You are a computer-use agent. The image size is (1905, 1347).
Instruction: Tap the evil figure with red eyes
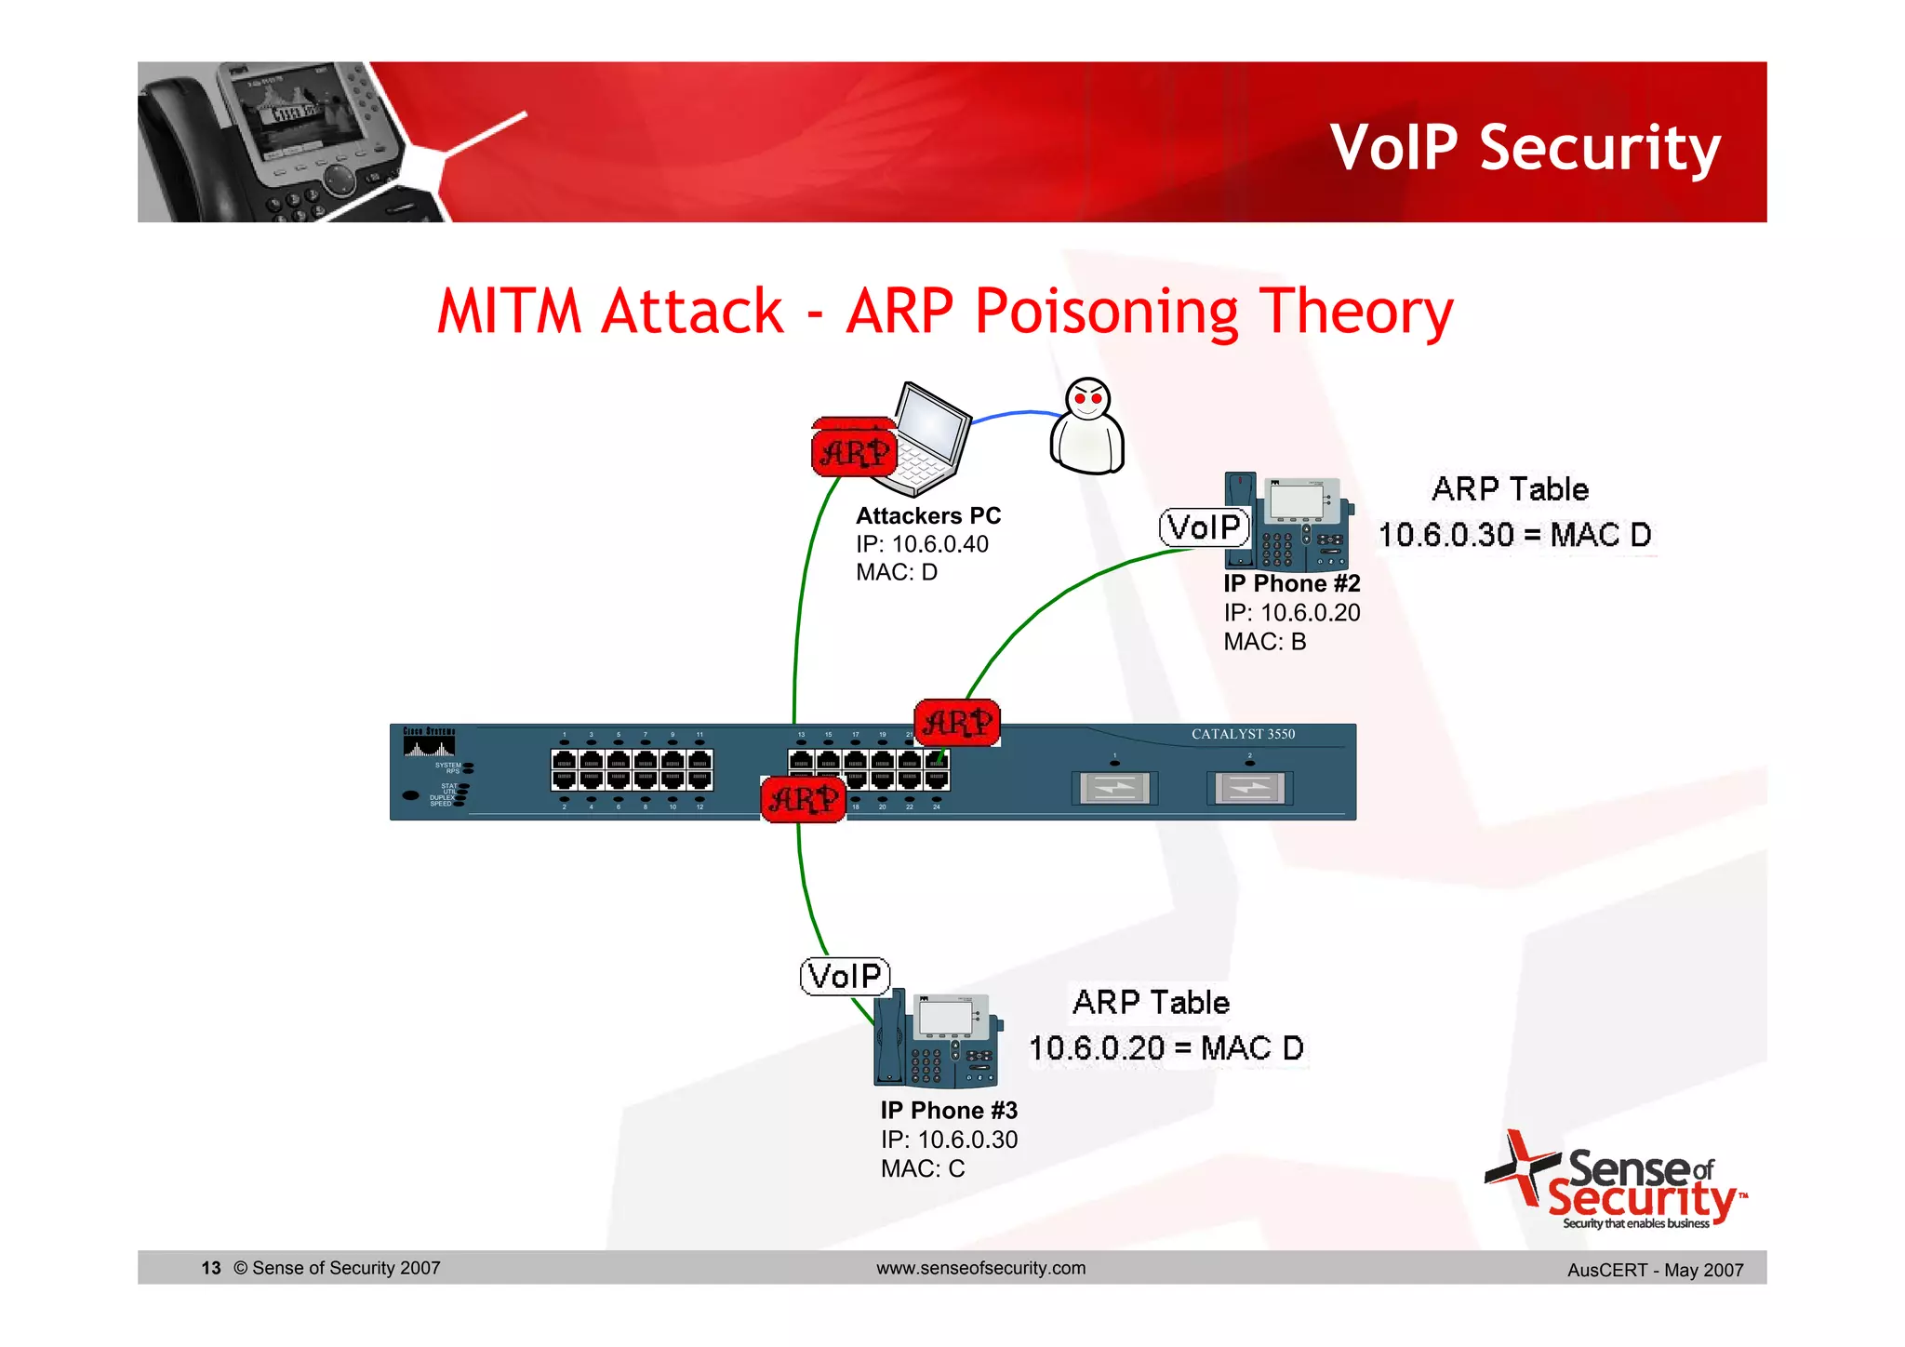coord(1086,427)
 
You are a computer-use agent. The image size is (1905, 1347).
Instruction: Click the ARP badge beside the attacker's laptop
coord(854,452)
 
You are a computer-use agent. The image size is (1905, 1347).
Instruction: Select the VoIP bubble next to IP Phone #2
coord(1204,527)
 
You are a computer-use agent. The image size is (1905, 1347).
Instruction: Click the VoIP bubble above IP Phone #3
coord(845,976)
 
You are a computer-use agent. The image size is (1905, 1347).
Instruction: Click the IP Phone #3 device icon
coord(938,1039)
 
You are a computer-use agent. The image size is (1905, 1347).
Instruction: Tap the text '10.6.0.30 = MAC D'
coord(1514,535)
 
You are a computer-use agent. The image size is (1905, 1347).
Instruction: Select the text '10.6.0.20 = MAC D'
coord(1166,1048)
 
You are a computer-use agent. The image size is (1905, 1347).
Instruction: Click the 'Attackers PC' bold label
coord(927,515)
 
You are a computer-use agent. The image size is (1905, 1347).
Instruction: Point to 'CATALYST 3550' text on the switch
coord(1243,734)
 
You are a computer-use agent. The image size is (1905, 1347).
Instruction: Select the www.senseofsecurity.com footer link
coord(980,1268)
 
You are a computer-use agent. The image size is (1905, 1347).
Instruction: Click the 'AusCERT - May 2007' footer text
coord(1655,1270)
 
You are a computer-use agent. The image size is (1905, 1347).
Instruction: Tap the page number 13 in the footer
coord(211,1268)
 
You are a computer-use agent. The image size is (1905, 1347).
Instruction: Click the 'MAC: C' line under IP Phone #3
coord(923,1168)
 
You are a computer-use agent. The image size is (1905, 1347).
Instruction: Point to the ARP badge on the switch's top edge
coord(957,723)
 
